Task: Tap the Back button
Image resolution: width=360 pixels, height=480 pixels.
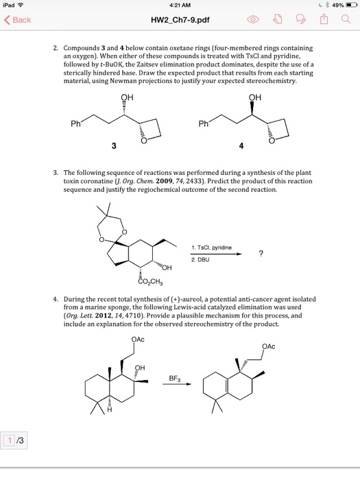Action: pos(18,20)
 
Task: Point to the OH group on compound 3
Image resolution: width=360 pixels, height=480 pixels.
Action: pos(125,97)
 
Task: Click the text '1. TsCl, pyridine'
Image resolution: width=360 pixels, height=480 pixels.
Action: pos(212,247)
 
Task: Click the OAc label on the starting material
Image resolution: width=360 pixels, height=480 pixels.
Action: pos(136,339)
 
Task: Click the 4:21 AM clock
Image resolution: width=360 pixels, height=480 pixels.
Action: pos(180,5)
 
